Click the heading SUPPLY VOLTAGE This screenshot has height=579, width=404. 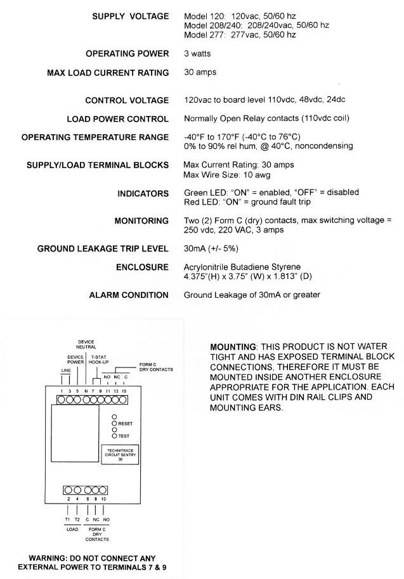coord(131,16)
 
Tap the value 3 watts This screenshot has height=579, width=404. coord(197,54)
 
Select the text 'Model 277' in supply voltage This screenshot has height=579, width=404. coord(204,35)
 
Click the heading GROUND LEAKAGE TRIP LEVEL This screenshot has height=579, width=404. coord(103,248)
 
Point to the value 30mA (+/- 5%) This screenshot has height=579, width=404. coord(211,248)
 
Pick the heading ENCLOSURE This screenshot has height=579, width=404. coord(142,267)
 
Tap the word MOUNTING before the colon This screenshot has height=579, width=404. coord(233,347)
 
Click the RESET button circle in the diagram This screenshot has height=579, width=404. coord(114,423)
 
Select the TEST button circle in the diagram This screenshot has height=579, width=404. coord(114,436)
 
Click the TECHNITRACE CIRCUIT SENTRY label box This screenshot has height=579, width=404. coord(120,455)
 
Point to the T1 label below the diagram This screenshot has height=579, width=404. coord(67,519)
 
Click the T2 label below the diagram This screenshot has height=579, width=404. coord(77,519)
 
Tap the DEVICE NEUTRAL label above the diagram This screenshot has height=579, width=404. coord(86,345)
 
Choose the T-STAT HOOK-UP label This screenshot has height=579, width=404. coord(99,360)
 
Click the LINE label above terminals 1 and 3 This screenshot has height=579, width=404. coord(66,371)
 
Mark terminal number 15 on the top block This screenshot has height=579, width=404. coord(124,391)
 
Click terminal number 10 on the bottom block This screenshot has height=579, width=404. coord(103,499)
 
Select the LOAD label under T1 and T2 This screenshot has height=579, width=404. coord(72,529)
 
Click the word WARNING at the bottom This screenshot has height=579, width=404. coord(48,558)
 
